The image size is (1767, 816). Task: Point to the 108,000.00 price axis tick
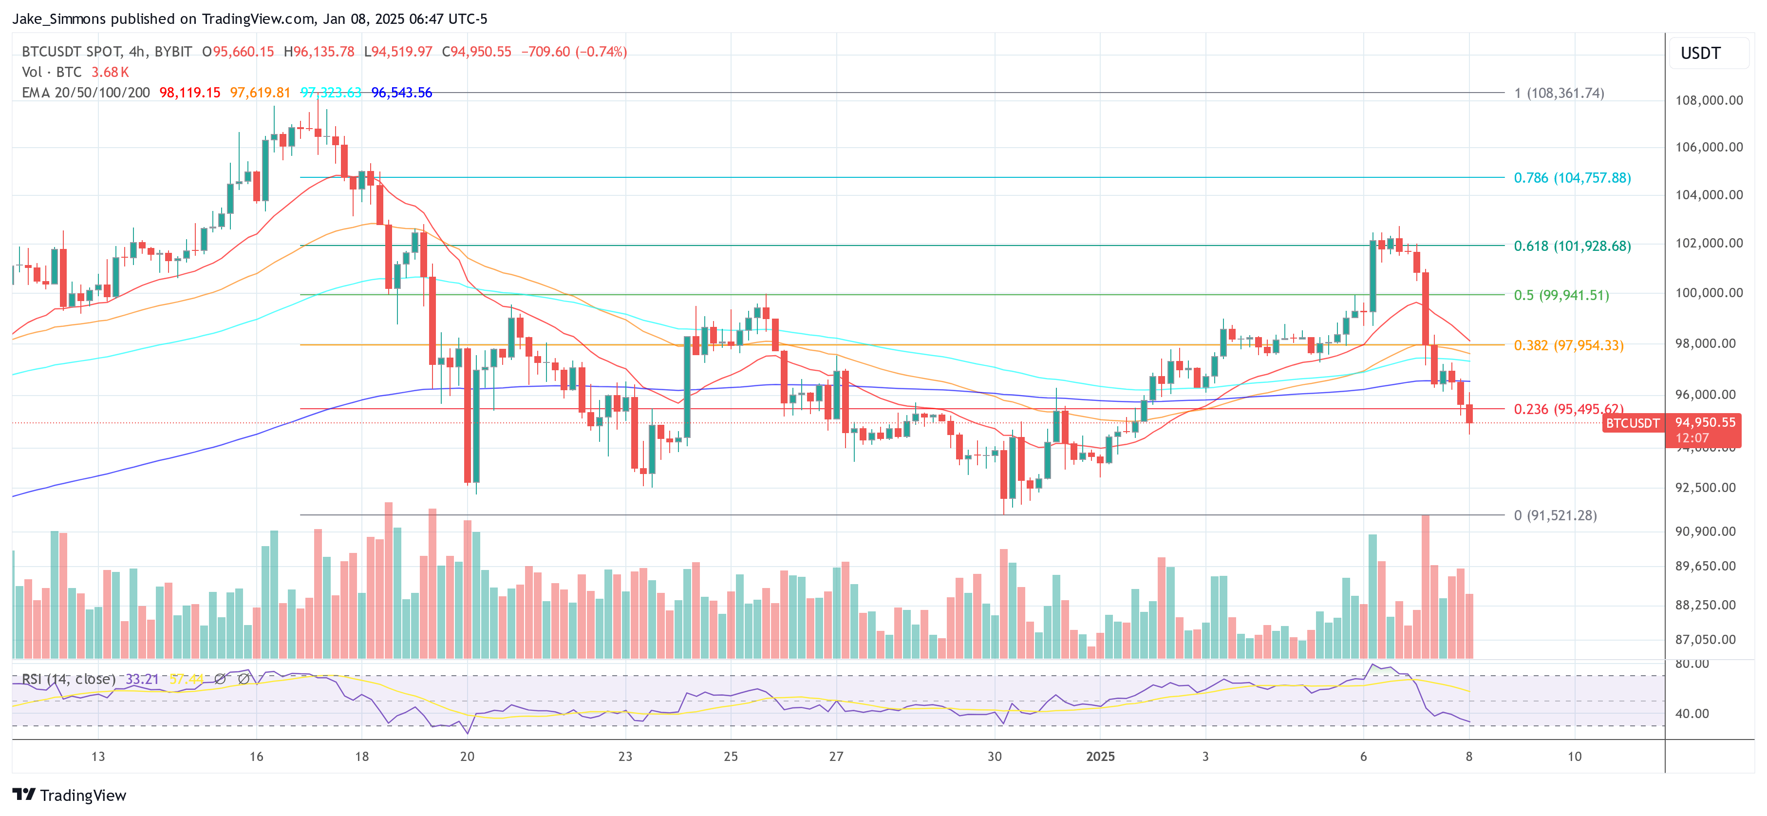coord(1709,100)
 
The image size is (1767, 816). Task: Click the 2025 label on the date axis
coord(1100,756)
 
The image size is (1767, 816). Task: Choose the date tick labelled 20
coord(467,756)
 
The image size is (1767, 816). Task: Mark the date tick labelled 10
coord(1574,756)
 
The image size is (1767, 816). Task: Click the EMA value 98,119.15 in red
coord(189,93)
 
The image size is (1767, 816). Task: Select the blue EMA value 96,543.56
coord(401,93)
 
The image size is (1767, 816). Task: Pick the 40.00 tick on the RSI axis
coord(1692,714)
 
